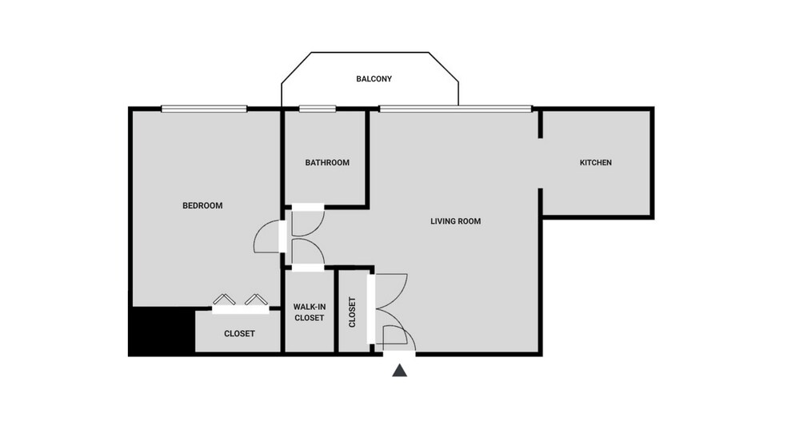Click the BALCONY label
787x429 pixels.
(x=374, y=79)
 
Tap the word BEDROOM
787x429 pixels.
(x=202, y=205)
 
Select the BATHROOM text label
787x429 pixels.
(x=327, y=163)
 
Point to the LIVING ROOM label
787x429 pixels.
(x=455, y=221)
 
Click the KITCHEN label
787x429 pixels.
(x=595, y=163)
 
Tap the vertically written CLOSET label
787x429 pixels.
(x=352, y=313)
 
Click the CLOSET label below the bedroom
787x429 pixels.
(x=239, y=334)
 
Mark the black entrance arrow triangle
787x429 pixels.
(x=400, y=371)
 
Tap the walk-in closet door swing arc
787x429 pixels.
(x=309, y=252)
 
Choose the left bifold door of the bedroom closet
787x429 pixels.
(x=223, y=300)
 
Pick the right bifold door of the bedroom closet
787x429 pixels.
(x=255, y=300)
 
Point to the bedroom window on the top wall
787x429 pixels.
(x=203, y=109)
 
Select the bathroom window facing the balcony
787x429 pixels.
(x=316, y=109)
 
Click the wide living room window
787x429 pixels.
(x=454, y=108)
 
